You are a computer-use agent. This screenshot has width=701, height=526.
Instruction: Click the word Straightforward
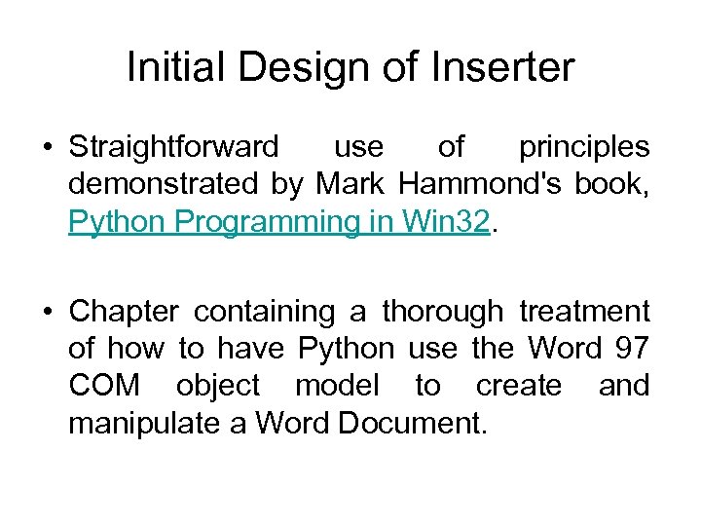click(173, 147)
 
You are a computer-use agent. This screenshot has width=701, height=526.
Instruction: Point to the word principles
click(583, 147)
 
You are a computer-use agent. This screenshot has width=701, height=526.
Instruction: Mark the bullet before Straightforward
click(48, 148)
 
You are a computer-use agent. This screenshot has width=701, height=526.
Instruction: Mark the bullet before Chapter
click(48, 312)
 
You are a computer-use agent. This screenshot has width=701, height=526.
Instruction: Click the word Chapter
click(124, 312)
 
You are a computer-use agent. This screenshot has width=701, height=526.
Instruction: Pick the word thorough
click(442, 312)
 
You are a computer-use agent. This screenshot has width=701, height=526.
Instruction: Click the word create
click(518, 386)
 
